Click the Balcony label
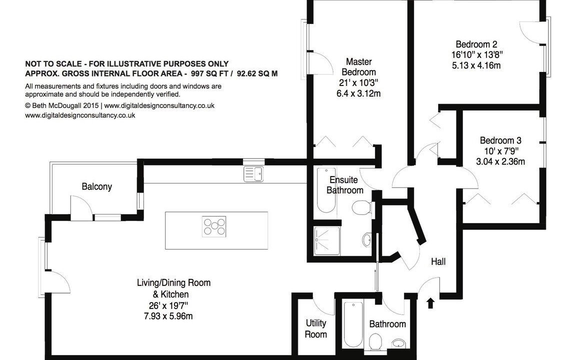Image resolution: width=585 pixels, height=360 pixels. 96,186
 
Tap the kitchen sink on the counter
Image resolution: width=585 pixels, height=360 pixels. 253,174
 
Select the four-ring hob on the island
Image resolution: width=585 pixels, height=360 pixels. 214,226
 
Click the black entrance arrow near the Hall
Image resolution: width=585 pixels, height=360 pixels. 430,302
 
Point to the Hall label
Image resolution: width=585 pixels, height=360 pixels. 438,261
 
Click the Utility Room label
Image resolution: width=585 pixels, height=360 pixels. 315,328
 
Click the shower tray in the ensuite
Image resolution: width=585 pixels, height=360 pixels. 327,241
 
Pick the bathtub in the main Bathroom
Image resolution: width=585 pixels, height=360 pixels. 353,324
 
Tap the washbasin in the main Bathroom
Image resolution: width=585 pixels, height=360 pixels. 399,343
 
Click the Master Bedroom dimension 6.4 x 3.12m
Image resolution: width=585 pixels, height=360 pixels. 358,93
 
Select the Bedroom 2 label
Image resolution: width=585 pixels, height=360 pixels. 476,44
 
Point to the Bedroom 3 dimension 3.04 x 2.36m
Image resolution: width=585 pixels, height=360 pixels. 500,161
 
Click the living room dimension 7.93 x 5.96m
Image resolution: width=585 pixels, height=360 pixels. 168,316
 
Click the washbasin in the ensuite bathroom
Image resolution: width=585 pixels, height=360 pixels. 367,239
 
